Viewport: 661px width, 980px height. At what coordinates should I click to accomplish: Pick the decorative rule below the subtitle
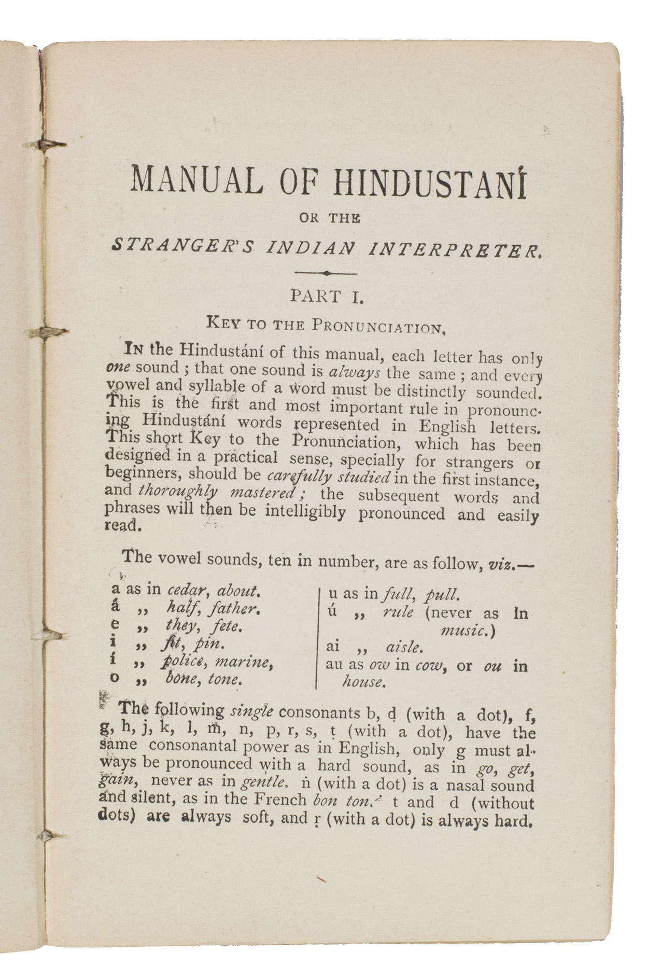[326, 273]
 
